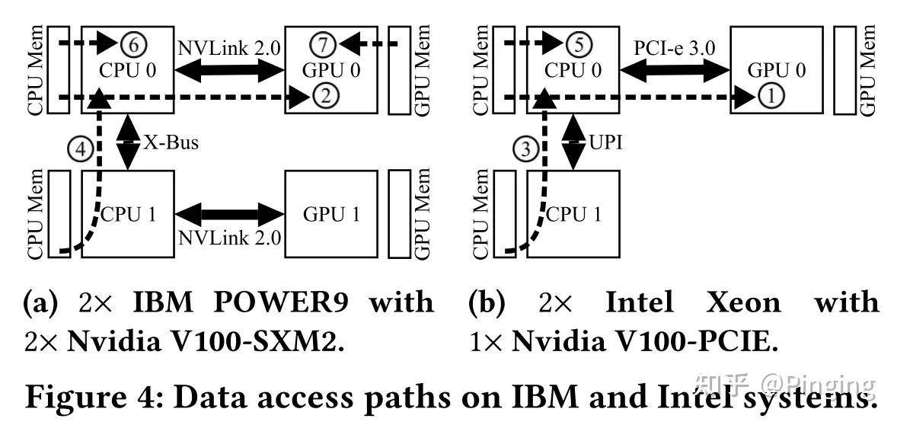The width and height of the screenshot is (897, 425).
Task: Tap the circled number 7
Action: coord(323,45)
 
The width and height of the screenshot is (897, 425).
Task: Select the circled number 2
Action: coord(322,96)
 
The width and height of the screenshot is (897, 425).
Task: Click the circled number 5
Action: coord(579,45)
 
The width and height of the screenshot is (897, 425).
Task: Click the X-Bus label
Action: coord(171,142)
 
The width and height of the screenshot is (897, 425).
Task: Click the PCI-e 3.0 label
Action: coord(674,47)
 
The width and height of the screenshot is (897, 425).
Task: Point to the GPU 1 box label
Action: coord(330,214)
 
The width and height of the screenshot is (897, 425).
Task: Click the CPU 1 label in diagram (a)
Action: coord(128,214)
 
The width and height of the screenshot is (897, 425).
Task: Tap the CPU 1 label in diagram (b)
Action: coord(573,214)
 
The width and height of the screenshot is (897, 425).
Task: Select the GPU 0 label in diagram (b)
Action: coord(777,72)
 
